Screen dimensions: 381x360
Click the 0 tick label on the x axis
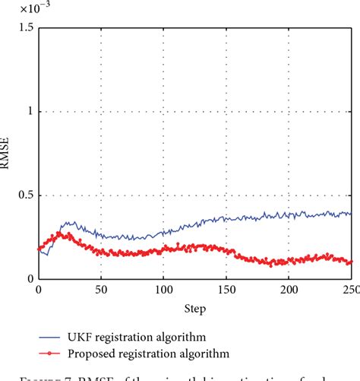tap(38, 290)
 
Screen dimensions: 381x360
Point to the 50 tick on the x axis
tap(100, 290)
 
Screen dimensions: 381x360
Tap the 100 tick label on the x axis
tap(163, 290)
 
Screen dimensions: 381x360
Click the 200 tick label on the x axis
tap(289, 290)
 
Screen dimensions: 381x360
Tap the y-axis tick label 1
tap(30, 112)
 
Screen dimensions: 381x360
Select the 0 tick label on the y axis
tap(30, 279)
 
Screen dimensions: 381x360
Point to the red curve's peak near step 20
tap(60, 233)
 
